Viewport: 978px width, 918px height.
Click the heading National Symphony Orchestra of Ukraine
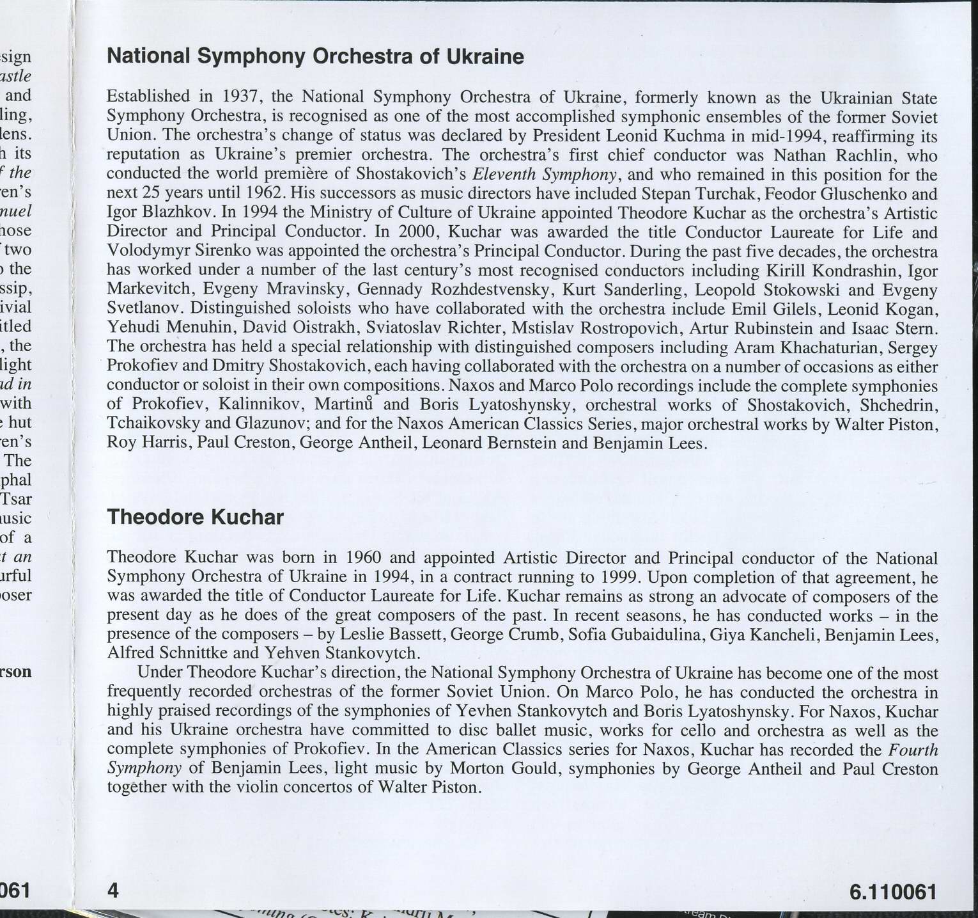point(315,57)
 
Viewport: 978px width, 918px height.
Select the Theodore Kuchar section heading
point(195,516)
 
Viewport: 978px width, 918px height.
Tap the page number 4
point(114,890)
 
